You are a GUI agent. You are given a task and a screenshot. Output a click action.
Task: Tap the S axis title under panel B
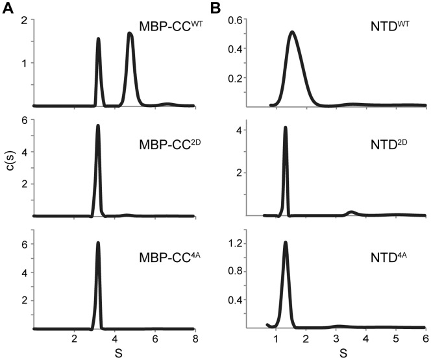point(342,354)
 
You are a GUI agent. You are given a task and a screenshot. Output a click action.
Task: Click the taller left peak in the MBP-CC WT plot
point(98,39)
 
